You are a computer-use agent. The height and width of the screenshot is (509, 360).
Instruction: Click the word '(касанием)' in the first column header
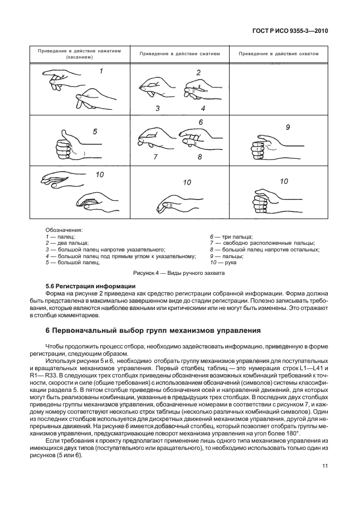pos(79,57)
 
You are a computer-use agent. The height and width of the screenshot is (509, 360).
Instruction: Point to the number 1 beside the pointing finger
pos(101,71)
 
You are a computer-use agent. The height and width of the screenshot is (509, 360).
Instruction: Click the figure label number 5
pos(95,132)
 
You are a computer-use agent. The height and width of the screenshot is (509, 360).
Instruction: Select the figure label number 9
pos(288,128)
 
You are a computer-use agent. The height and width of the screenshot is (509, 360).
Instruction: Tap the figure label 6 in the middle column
pos(200,122)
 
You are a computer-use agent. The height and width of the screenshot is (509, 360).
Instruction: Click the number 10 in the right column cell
pos(284,181)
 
